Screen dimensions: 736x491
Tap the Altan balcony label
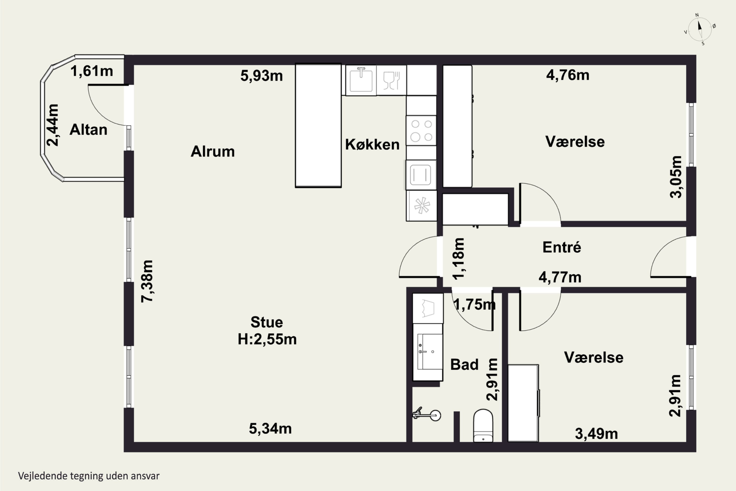pyautogui.click(x=88, y=130)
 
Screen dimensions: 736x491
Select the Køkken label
pyautogui.click(x=372, y=144)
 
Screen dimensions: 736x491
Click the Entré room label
pyautogui.click(x=562, y=247)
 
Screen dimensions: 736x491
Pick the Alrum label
pyautogui.click(x=212, y=151)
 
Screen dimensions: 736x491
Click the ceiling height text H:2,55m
pyautogui.click(x=267, y=339)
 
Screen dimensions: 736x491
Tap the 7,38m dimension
pyautogui.click(x=147, y=281)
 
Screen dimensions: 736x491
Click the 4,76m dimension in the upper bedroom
pyautogui.click(x=568, y=75)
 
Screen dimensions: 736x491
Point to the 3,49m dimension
pyautogui.click(x=596, y=434)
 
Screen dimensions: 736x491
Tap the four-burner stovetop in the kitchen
pyautogui.click(x=421, y=131)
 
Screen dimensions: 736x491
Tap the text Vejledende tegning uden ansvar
pyautogui.click(x=89, y=476)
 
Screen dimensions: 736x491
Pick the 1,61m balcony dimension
pyautogui.click(x=92, y=71)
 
